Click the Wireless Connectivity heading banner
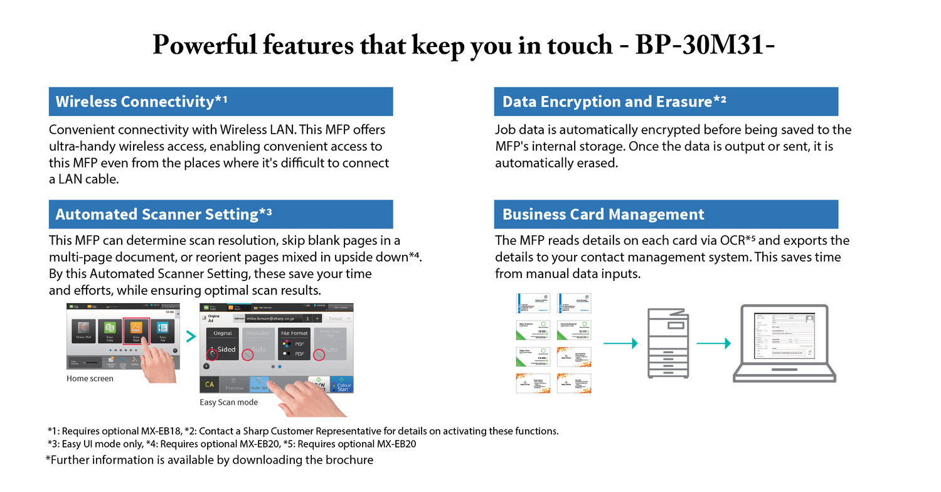point(221,102)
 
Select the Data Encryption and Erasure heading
point(666,102)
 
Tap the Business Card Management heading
point(666,215)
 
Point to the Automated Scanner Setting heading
point(221,215)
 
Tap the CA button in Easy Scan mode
point(209,384)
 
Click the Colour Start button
point(343,385)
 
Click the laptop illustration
point(784,343)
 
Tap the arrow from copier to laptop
point(714,343)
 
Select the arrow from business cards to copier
point(620,343)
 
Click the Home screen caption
point(90,378)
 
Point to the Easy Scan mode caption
point(228,402)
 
